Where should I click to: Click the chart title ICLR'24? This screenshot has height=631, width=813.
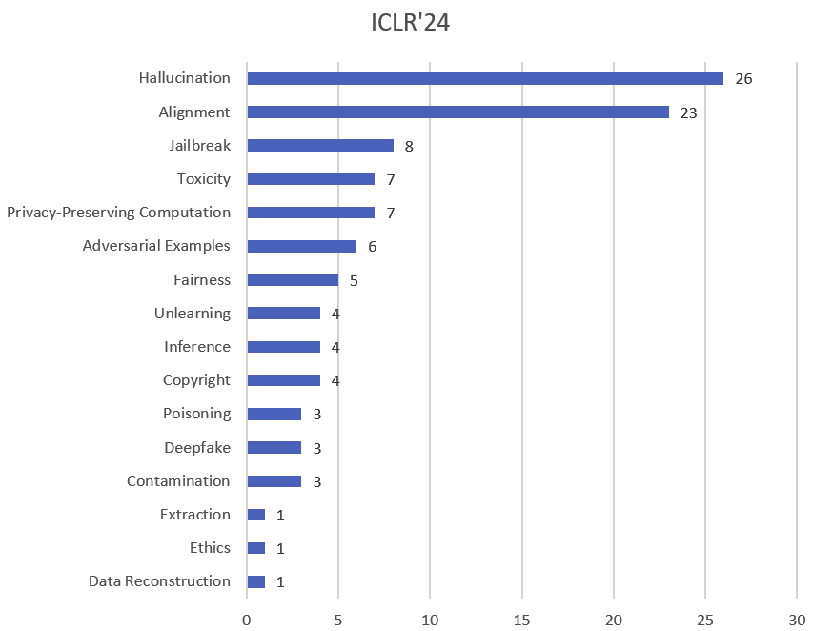click(410, 23)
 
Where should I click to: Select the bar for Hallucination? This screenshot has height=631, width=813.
click(484, 78)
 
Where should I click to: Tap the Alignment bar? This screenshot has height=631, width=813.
click(457, 112)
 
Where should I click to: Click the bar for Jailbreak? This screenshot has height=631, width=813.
click(320, 146)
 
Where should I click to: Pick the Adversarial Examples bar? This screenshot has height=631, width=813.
click(301, 246)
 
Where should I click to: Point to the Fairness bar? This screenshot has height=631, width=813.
click(293, 280)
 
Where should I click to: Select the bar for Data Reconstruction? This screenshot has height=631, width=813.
click(256, 581)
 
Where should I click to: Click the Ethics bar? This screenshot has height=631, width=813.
click(256, 548)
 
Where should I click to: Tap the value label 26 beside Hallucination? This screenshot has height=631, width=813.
click(743, 79)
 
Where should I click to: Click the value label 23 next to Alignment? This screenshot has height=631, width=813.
click(688, 112)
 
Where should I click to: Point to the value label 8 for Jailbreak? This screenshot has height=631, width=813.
click(409, 146)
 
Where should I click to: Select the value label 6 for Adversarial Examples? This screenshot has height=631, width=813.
click(372, 247)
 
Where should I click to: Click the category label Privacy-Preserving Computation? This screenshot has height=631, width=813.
click(118, 212)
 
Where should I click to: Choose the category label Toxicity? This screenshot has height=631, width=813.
click(203, 178)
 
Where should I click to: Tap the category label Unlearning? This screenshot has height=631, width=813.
click(193, 313)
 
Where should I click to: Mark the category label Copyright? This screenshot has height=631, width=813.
click(196, 379)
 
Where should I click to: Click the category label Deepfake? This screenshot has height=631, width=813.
click(197, 447)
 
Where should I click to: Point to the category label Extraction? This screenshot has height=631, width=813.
click(195, 514)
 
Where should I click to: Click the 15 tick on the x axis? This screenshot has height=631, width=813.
click(521, 618)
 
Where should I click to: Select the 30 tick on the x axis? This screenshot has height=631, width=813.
click(796, 618)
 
